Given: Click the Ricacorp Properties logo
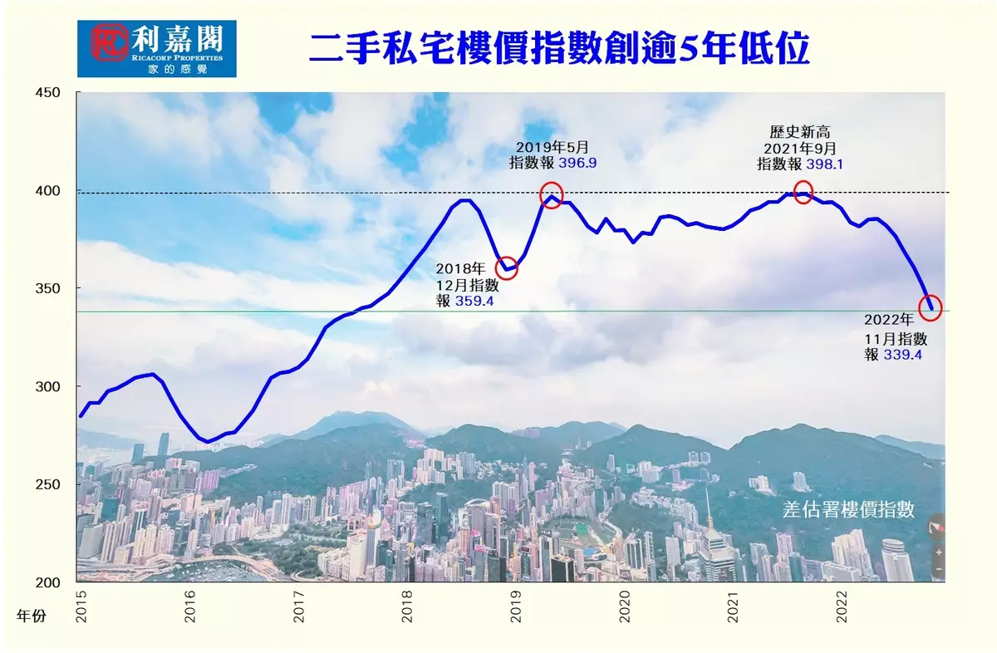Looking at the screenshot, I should [156, 49].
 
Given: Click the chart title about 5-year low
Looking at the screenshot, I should [558, 50].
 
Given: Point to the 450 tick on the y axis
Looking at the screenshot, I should [48, 92].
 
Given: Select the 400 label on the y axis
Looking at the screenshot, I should [48, 190].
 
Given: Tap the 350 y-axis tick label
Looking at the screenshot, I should [48, 288].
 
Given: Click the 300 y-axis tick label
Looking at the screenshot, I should [48, 386].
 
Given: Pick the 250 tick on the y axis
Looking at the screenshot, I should [48, 484].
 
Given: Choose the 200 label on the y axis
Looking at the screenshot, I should [48, 582].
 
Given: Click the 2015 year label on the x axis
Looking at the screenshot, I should [81, 606].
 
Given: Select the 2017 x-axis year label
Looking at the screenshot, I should [298, 606].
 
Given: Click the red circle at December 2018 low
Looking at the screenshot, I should [507, 268].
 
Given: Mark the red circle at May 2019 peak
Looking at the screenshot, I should [551, 194].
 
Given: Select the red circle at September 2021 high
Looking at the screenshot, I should [803, 192].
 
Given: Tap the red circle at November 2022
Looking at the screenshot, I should [931, 307].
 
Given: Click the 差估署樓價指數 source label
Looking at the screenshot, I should [848, 510].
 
